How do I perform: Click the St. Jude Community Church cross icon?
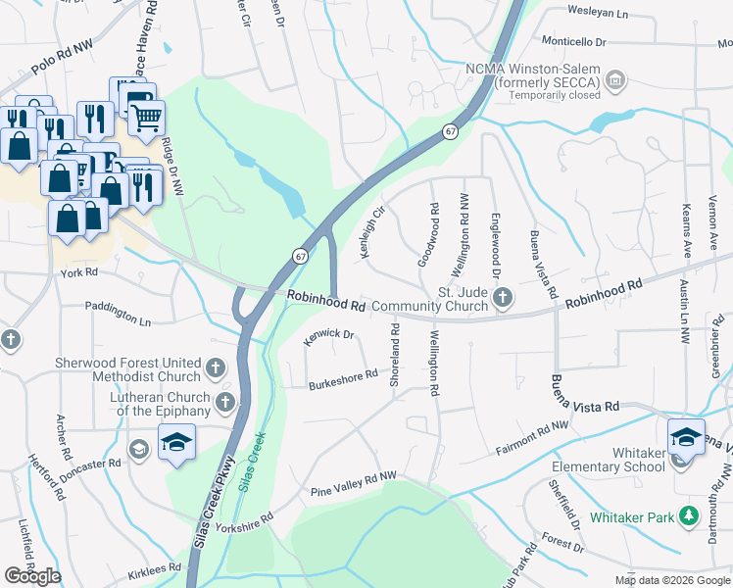coord(503,297)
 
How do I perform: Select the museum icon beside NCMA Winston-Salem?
coord(615,78)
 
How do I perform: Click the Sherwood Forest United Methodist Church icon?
coord(217,369)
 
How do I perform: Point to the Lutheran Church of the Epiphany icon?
coord(226,403)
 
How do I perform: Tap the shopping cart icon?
coord(146,119)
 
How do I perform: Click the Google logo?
coord(32,576)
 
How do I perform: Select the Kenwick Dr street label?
coord(328,335)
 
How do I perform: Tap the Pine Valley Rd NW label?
coord(353,476)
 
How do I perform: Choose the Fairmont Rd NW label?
coord(532,429)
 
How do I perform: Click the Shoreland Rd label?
coord(395,355)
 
